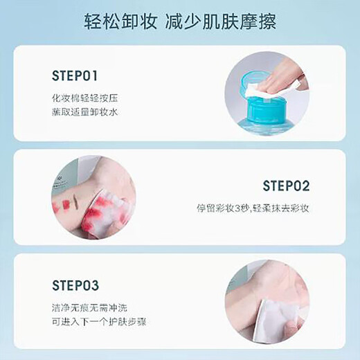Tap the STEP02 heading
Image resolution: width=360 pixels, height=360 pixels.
click(286, 186)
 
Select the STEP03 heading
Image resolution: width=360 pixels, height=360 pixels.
click(75, 285)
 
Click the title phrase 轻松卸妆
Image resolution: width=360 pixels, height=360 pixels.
click(119, 21)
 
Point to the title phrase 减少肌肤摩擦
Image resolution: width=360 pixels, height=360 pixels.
click(221, 21)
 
